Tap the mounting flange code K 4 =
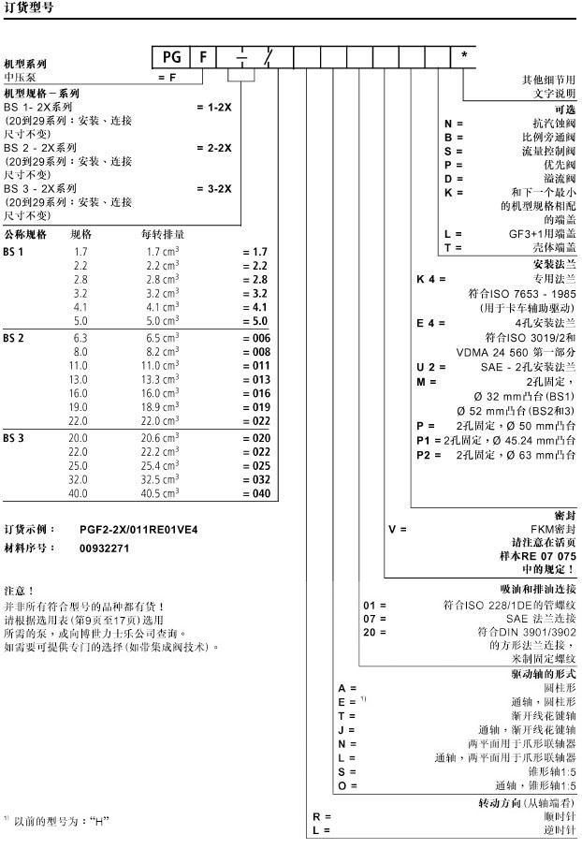[x=430, y=279]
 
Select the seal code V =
[x=398, y=529]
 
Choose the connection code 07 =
[x=374, y=619]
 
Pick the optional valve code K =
[x=454, y=192]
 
